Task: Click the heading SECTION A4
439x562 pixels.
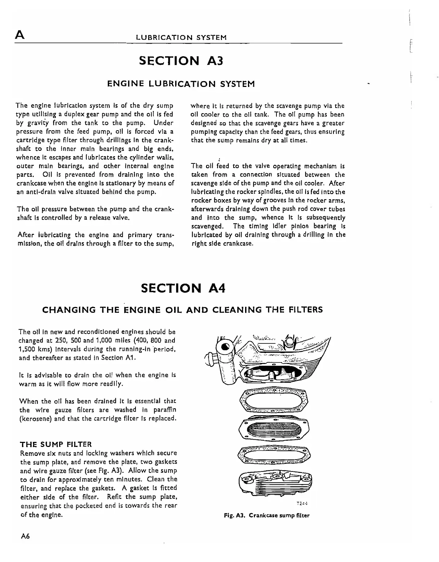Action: click(x=183, y=288)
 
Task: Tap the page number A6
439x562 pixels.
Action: click(x=25, y=536)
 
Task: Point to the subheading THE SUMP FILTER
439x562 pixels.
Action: click(x=56, y=444)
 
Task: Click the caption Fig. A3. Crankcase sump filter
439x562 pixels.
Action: click(x=267, y=515)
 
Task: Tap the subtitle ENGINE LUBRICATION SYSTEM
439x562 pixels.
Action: click(x=181, y=84)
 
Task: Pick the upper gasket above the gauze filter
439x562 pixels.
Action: click(x=273, y=401)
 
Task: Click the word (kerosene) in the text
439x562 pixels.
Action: click(x=35, y=419)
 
